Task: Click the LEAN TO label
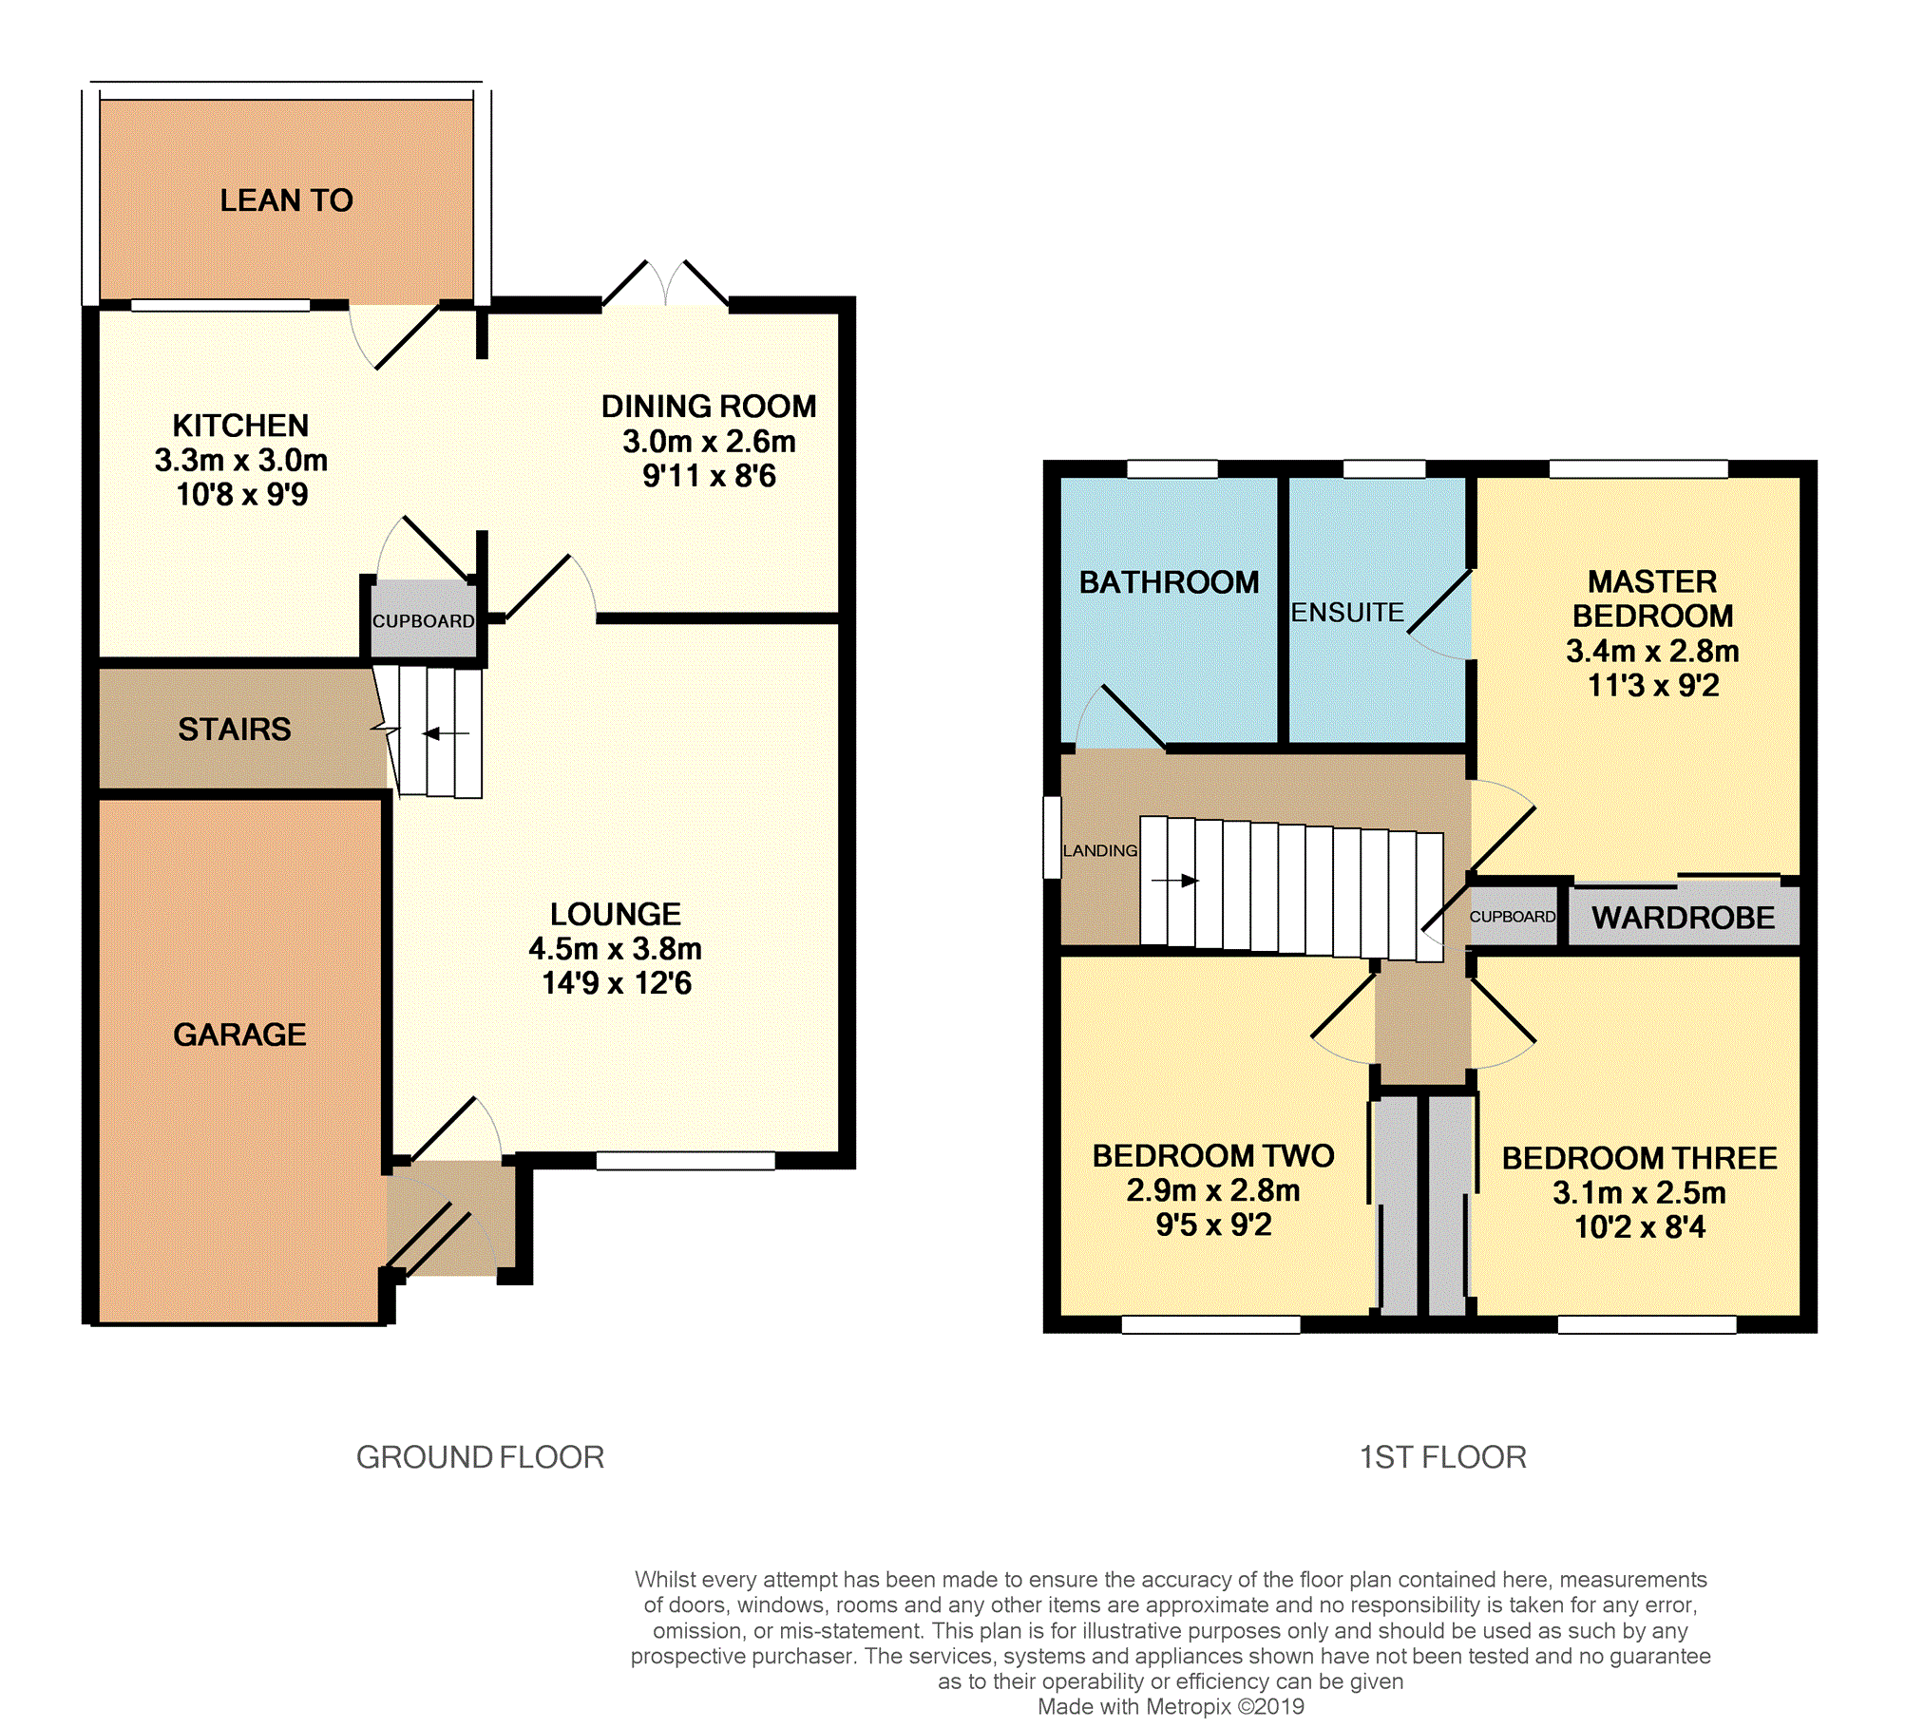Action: (x=286, y=200)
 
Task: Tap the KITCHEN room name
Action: (x=240, y=425)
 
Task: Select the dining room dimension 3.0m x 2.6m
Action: (x=709, y=441)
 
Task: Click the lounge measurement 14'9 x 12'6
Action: (x=617, y=982)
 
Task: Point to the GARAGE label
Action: (x=239, y=1034)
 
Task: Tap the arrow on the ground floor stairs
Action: (x=446, y=733)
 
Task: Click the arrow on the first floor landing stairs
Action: (x=1174, y=881)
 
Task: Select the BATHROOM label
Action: (x=1169, y=581)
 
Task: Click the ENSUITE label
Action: (x=1347, y=613)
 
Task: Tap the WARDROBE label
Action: (x=1683, y=917)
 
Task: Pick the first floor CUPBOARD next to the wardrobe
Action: (x=1513, y=917)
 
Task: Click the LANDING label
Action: (x=1100, y=850)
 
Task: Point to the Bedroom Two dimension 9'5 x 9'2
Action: (x=1213, y=1225)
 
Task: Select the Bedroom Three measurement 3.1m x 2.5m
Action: (x=1639, y=1192)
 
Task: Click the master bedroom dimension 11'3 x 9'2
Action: (x=1653, y=685)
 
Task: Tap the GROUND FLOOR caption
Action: (x=480, y=1456)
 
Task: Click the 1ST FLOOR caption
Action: (x=1442, y=1456)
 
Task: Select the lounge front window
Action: (x=685, y=1160)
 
